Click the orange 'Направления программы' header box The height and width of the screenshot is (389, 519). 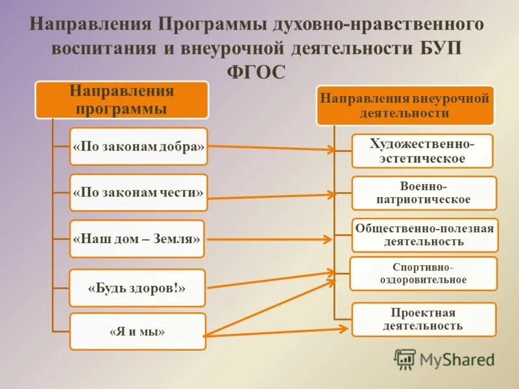click(x=121, y=99)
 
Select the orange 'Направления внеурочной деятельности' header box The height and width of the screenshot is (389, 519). click(x=405, y=105)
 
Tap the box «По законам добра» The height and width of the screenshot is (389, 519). click(x=139, y=147)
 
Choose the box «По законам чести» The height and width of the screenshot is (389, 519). click(x=139, y=193)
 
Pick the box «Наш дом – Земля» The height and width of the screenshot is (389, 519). click(x=137, y=239)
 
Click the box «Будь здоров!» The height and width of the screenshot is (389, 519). click(x=137, y=288)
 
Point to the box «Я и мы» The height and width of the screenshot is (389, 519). click(x=137, y=332)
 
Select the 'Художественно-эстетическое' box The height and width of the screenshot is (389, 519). click(x=422, y=151)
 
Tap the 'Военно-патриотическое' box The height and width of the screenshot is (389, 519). click(x=424, y=193)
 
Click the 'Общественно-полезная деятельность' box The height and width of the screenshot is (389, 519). click(x=424, y=235)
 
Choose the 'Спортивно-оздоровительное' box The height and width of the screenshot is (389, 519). click(x=424, y=274)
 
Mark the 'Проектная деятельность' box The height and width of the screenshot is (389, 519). click(x=424, y=320)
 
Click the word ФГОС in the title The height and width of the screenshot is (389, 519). click(x=257, y=72)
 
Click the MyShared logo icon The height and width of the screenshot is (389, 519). click(x=405, y=359)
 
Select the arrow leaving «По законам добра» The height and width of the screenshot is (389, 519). click(x=272, y=148)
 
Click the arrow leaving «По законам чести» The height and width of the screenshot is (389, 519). click(x=272, y=196)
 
